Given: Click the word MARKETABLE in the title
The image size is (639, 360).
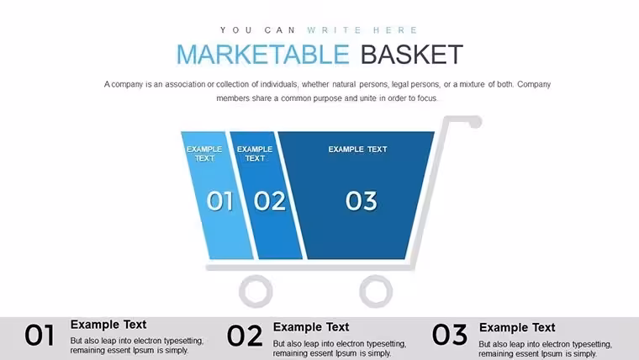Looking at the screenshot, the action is point(263,54).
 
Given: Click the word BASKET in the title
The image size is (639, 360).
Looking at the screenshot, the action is point(412,54).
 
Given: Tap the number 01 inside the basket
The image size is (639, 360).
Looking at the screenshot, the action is point(219,201).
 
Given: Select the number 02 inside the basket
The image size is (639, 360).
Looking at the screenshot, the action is point(269,201).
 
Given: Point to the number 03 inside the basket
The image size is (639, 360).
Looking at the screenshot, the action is point(361,201).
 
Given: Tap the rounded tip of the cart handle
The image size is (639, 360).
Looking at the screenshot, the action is point(476,122).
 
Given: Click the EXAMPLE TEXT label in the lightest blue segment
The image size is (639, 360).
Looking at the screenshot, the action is point(204,154).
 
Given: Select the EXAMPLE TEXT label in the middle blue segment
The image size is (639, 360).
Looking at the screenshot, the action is point(255,154).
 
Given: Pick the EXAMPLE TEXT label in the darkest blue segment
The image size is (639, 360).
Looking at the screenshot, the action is point(358,149).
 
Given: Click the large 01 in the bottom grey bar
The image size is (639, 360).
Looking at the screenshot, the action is point(40,335).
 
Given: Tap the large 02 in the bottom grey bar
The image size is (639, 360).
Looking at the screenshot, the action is point(245,336).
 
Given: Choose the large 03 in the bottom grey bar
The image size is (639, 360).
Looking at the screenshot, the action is point(450,334).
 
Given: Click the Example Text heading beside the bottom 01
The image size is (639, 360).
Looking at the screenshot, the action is point(108,325).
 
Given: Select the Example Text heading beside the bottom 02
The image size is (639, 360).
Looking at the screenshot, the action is point(311,327).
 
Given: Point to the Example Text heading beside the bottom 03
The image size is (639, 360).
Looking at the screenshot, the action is point(517,327).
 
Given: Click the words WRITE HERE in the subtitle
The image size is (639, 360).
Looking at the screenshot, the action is point(362,30).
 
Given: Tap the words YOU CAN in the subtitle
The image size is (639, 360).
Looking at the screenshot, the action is point(257,30).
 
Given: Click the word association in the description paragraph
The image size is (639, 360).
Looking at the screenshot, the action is point(185,84).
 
